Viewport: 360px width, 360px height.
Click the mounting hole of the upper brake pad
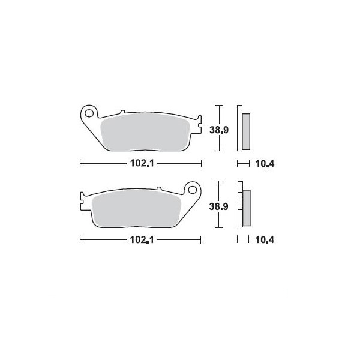(x=89, y=113)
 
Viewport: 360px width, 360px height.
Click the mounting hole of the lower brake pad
(x=192, y=190)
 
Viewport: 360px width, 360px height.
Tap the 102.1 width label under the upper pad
(x=142, y=163)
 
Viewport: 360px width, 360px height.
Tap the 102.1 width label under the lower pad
(x=142, y=240)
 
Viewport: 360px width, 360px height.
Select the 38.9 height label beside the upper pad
(x=219, y=130)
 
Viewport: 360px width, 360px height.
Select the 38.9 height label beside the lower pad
(x=218, y=206)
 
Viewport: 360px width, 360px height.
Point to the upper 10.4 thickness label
(x=265, y=164)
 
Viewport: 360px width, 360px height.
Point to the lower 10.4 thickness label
(x=265, y=240)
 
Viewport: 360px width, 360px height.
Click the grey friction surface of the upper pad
(x=145, y=132)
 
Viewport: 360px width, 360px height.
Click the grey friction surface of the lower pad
(x=136, y=208)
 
